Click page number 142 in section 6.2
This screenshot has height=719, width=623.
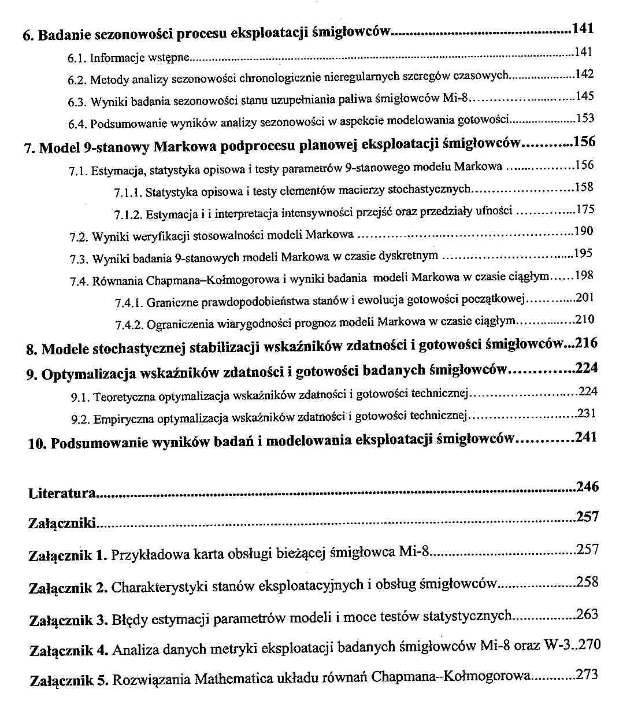pos(585,74)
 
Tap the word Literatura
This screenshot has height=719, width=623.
pos(62,494)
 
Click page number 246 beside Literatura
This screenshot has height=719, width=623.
pos(587,487)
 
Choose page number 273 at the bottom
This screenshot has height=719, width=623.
pos(587,674)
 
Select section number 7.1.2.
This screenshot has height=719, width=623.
pos(128,215)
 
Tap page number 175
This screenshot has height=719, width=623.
pos(585,209)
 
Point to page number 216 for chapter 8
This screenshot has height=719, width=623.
pos(586,343)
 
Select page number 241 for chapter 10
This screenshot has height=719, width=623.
pos(586,437)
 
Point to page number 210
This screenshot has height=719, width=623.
pos(585,319)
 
